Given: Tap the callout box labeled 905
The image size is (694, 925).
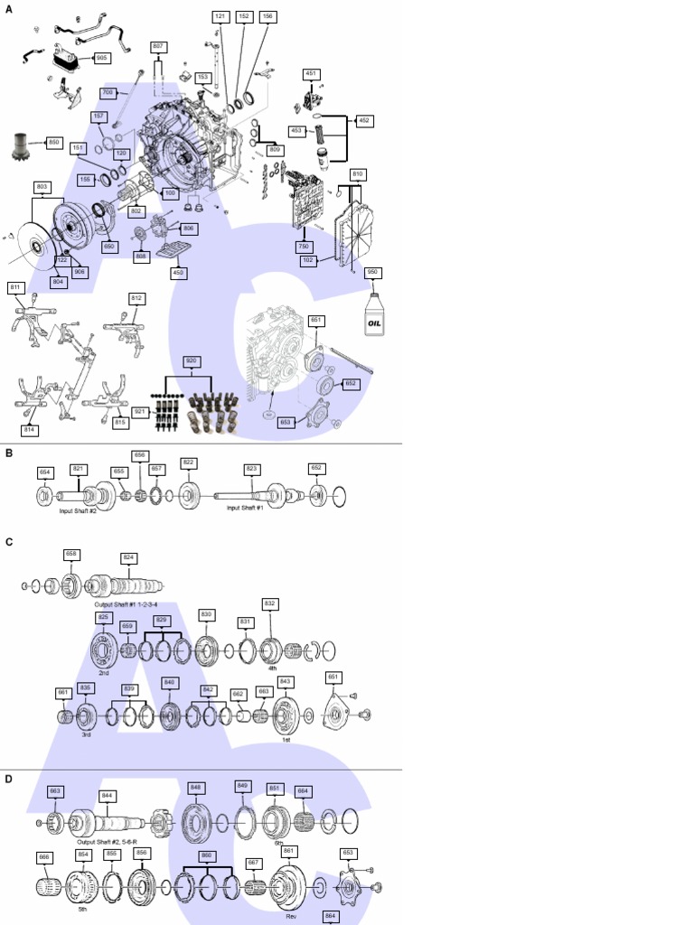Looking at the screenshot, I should pyautogui.click(x=100, y=58).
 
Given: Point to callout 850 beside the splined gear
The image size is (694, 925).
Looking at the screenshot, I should pyautogui.click(x=53, y=142).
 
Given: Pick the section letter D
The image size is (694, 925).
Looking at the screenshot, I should pyautogui.click(x=9, y=779).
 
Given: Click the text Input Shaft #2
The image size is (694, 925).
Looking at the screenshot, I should pyautogui.click(x=78, y=510).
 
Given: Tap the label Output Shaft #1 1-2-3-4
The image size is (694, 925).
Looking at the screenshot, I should pyautogui.click(x=119, y=604).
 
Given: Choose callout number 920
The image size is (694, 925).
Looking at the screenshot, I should pyautogui.click(x=191, y=360).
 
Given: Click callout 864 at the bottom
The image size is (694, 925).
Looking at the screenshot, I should pyautogui.click(x=331, y=916).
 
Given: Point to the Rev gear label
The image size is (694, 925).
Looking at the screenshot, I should pyautogui.click(x=291, y=916).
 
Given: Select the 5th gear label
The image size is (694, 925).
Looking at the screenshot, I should pyautogui.click(x=82, y=910).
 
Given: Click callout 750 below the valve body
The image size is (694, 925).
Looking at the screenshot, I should pyautogui.click(x=304, y=246).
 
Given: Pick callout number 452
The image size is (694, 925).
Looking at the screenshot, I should pyautogui.click(x=364, y=120).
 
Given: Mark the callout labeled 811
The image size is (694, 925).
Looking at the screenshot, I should pyautogui.click(x=15, y=287).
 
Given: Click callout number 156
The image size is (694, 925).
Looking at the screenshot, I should pyautogui.click(x=267, y=16).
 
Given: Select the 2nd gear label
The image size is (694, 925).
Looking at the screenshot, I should pyautogui.click(x=104, y=673).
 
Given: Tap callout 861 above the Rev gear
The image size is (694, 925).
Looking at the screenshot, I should pyautogui.click(x=289, y=851).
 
